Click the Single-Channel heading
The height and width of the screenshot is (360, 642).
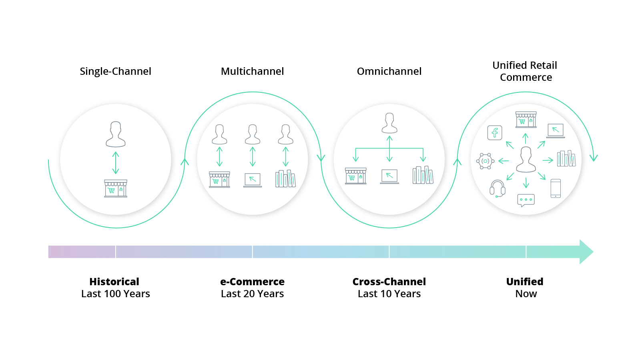[x=115, y=71]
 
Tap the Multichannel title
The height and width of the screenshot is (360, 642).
[x=252, y=71]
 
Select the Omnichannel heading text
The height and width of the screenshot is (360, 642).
[x=389, y=71]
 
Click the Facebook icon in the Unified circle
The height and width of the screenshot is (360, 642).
[x=495, y=132]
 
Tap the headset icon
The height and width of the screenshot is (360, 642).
[x=498, y=188]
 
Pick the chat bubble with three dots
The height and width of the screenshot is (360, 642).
[x=526, y=200]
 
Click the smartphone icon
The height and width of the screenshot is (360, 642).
[x=556, y=188]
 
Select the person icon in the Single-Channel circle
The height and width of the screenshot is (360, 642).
[x=116, y=134]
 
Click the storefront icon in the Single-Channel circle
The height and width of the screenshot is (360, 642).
[x=116, y=188]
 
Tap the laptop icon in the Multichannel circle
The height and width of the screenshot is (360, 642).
[x=253, y=180]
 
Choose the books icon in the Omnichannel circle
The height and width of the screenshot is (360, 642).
[x=423, y=175]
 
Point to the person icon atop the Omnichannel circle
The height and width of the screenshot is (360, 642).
[x=389, y=123]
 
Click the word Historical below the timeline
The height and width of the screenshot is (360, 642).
[x=114, y=282]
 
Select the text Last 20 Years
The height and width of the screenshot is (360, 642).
[x=252, y=294]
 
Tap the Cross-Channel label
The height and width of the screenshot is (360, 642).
[x=389, y=282]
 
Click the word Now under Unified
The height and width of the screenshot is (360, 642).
[x=526, y=294]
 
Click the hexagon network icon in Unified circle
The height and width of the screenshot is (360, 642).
[x=485, y=161]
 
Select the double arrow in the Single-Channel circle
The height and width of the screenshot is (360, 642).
[x=116, y=163]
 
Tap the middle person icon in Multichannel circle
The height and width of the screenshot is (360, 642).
[x=253, y=134]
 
